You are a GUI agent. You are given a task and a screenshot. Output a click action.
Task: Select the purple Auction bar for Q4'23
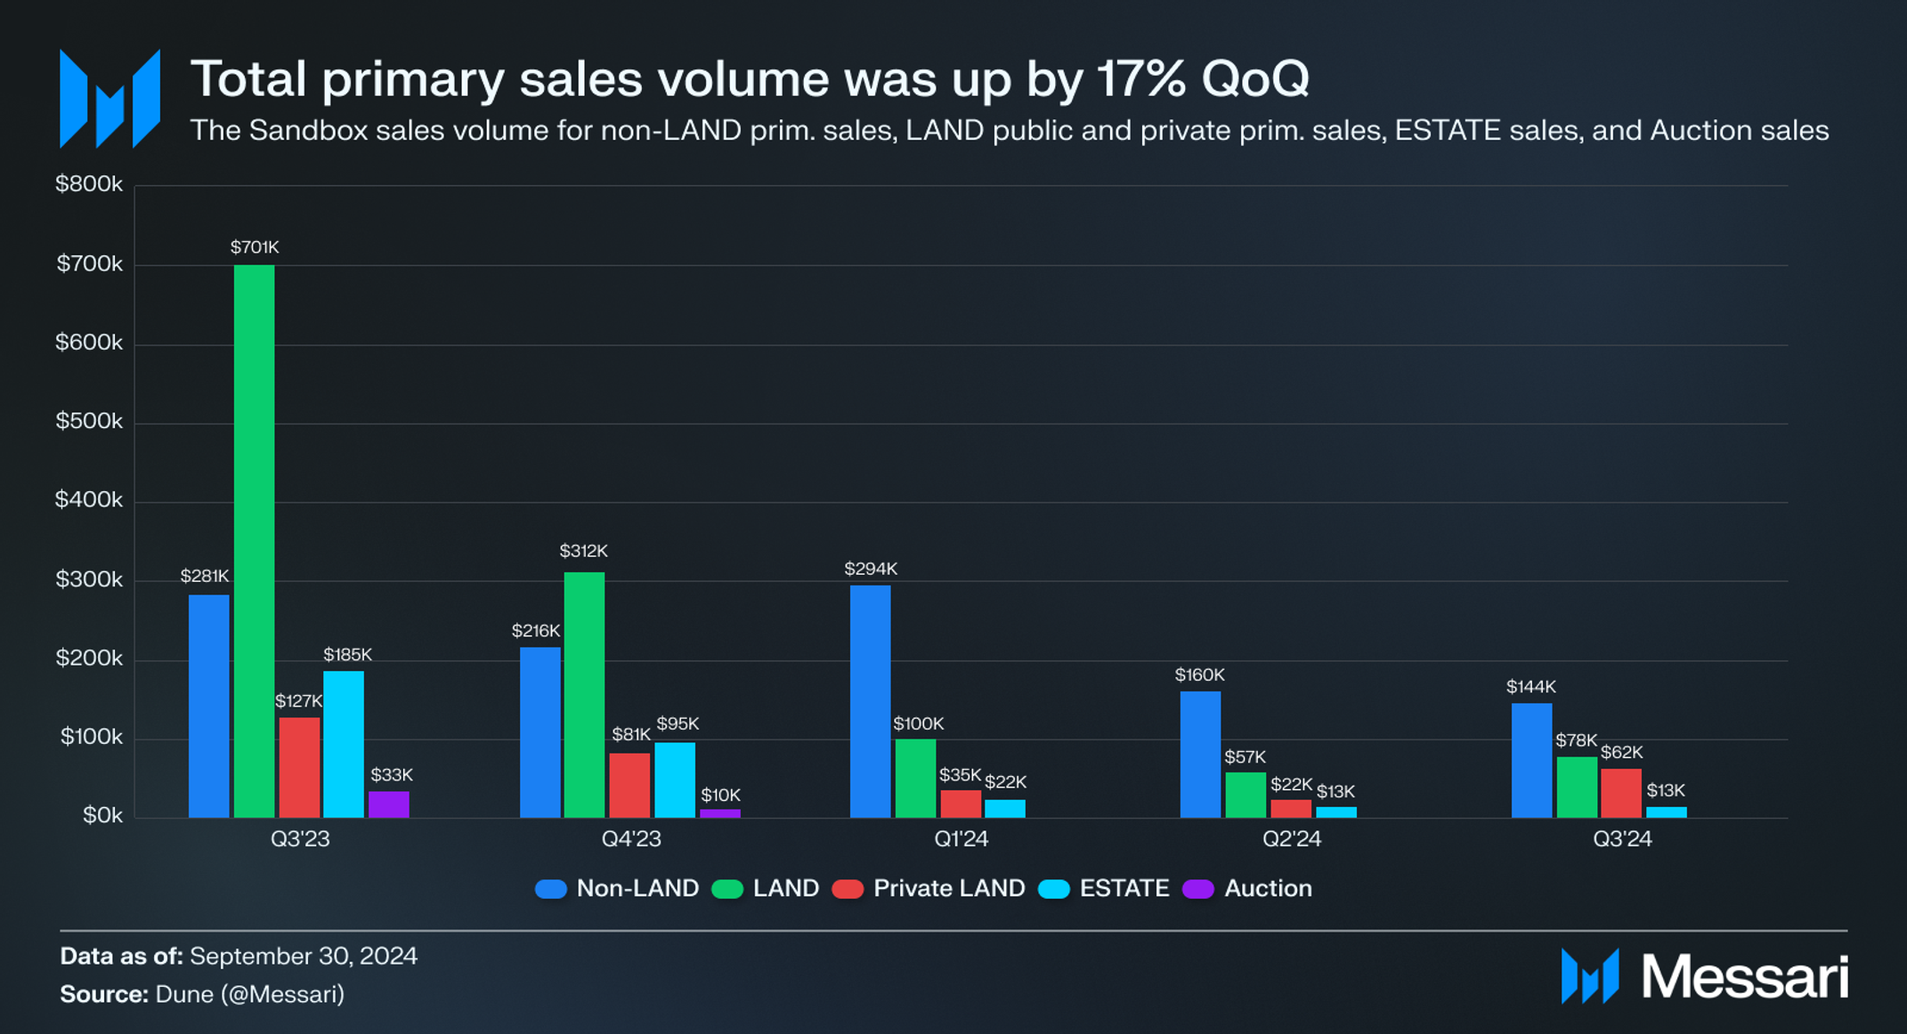719,813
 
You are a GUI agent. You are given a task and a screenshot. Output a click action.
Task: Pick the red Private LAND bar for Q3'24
1620,793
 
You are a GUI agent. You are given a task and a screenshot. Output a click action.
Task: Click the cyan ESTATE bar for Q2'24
1335,812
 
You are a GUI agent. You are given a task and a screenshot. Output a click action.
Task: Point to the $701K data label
255,247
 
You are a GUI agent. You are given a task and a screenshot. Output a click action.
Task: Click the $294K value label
871,569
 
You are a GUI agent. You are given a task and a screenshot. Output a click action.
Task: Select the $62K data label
1621,753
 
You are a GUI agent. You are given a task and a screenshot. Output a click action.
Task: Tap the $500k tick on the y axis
89,421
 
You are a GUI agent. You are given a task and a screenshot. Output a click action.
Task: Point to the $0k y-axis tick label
102,815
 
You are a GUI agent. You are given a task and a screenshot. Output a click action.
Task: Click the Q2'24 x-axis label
1291,839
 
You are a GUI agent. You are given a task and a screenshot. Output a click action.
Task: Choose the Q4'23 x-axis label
631,839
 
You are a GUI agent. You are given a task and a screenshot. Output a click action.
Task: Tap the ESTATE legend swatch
1054,889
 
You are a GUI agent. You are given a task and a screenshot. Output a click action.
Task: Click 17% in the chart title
1143,78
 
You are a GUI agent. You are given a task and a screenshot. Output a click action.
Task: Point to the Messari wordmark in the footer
1744,977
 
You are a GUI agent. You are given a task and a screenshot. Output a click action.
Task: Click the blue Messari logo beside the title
110,99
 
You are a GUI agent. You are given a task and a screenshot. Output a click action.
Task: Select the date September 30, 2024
304,956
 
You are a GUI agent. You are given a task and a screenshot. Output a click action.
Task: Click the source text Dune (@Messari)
249,994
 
